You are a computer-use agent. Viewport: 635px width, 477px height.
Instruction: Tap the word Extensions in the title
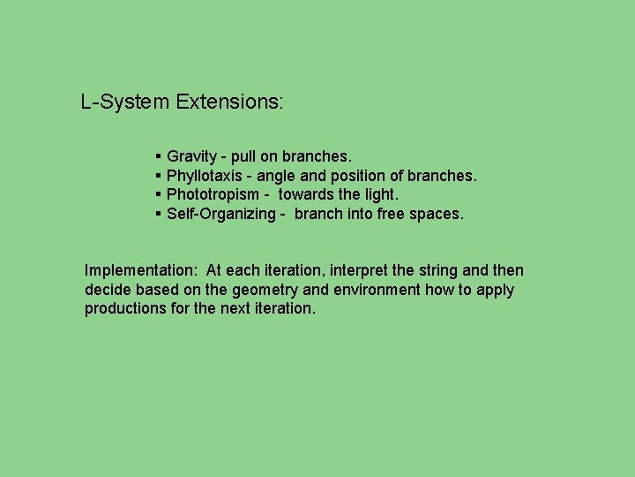coord(228,102)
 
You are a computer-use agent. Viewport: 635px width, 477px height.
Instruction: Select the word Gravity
coord(191,156)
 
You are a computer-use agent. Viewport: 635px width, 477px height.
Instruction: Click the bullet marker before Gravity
coord(157,156)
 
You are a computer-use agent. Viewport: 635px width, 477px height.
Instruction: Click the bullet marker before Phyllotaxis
coord(157,176)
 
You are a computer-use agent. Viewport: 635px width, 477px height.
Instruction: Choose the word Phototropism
coord(213,194)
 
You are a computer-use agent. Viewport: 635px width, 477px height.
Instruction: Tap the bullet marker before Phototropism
coord(157,194)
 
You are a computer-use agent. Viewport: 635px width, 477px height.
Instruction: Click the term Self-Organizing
coord(220,214)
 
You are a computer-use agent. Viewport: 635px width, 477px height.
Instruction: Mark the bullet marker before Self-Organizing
coord(157,214)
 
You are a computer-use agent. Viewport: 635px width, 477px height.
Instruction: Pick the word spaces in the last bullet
coord(438,214)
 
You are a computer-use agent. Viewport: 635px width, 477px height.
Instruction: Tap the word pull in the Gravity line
coord(243,156)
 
